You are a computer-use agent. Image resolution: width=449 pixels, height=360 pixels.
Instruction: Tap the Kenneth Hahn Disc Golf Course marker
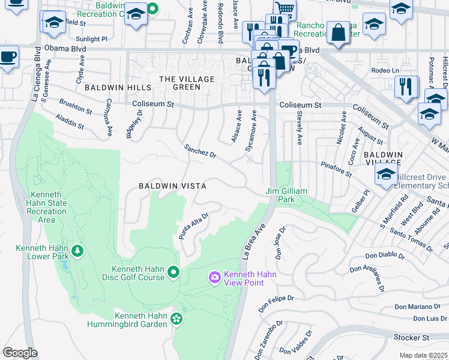pos(174,273)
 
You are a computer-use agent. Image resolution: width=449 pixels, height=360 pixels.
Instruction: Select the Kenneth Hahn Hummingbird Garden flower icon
pos(176,318)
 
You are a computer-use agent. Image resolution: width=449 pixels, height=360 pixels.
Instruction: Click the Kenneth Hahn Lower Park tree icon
pos(77,250)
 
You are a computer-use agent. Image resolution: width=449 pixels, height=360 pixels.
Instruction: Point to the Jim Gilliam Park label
pos(287,195)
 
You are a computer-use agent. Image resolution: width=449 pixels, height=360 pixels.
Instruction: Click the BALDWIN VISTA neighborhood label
pos(172,186)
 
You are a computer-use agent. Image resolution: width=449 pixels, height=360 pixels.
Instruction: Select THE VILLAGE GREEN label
pos(187,83)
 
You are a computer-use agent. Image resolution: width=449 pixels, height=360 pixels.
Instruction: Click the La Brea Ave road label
pos(253,242)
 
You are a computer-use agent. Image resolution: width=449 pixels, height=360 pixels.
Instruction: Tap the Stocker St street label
pos(412,338)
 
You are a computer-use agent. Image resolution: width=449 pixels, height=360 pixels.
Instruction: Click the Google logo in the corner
pos(20,353)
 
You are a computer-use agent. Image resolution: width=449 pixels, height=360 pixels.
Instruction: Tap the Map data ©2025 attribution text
pos(423,355)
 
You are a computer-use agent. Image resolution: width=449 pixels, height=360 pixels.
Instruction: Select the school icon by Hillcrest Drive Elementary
pos(385,174)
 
